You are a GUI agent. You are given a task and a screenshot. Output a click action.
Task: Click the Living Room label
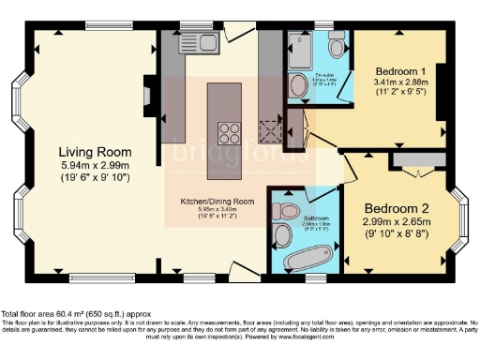pos(95,152)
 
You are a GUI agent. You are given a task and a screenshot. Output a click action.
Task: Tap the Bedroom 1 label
pos(401,71)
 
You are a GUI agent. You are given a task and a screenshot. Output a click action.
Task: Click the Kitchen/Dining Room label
pos(218,202)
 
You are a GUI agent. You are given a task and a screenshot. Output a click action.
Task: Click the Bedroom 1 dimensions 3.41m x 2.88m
pos(402,82)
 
